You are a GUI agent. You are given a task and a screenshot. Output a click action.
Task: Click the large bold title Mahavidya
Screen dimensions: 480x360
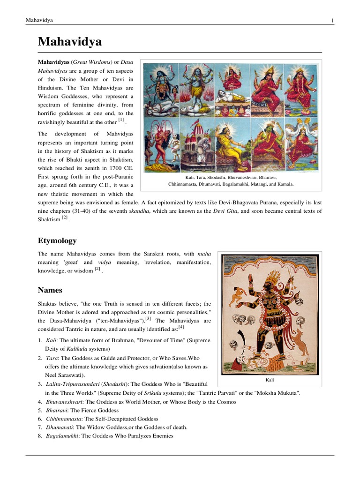coord(69,42)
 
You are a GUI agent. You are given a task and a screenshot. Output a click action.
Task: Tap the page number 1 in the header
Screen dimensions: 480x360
coord(332,20)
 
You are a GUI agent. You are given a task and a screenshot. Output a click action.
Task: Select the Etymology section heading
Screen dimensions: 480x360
coord(57,240)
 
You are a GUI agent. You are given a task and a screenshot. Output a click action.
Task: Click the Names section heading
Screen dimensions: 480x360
coord(50,290)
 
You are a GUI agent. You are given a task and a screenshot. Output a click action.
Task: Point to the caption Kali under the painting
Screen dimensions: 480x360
coord(269,380)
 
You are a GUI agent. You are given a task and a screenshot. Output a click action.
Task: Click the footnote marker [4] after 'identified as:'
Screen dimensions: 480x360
coord(181,327)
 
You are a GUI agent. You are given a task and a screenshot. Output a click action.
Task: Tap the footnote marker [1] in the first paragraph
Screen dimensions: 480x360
coord(120,120)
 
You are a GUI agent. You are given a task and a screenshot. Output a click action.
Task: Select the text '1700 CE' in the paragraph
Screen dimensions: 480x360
coord(121,168)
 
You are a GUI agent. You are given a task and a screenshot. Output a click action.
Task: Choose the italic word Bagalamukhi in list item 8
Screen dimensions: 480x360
coord(62,436)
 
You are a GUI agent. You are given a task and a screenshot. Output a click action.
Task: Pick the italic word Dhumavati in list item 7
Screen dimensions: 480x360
coord(59,427)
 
